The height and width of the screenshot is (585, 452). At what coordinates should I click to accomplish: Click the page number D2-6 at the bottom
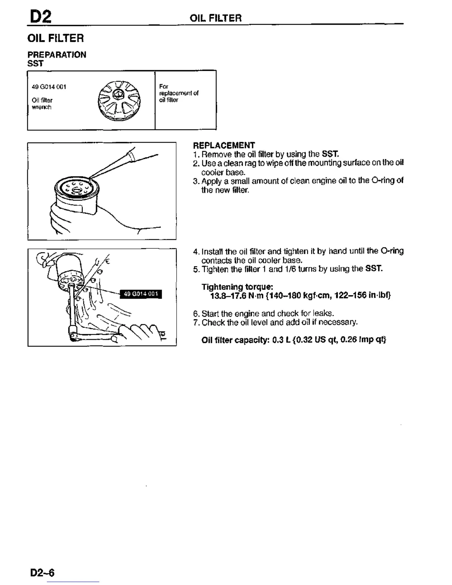42,572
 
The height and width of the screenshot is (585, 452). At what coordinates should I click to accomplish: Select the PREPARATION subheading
57,55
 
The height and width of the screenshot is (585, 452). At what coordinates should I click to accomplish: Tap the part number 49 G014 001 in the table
49,87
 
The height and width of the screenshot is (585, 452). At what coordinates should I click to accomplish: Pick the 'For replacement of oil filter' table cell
179,93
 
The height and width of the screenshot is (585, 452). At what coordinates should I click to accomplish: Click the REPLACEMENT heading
224,145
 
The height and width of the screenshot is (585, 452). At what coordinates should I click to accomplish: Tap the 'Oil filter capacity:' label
235,340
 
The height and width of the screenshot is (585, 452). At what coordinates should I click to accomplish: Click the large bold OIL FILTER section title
55,38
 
